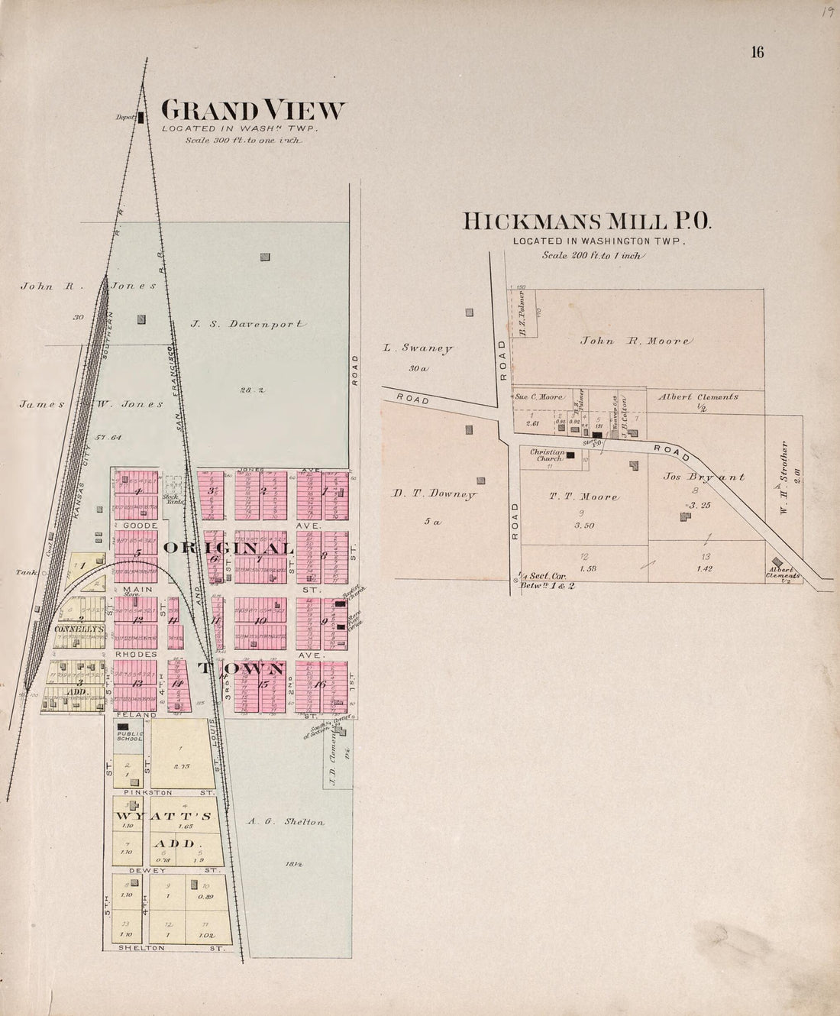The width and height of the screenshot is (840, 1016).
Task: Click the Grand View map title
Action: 253,111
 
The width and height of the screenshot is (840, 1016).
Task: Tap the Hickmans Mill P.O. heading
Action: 586,222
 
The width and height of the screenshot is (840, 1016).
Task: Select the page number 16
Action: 757,52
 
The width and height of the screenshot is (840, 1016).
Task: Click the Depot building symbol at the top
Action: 141,117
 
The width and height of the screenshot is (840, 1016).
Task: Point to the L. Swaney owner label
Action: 418,348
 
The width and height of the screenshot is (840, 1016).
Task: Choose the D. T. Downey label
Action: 434,494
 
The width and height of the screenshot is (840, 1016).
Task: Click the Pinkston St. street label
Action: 170,793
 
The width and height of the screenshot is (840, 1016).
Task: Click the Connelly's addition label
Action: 79,629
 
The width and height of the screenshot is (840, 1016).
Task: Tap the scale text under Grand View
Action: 243,141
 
